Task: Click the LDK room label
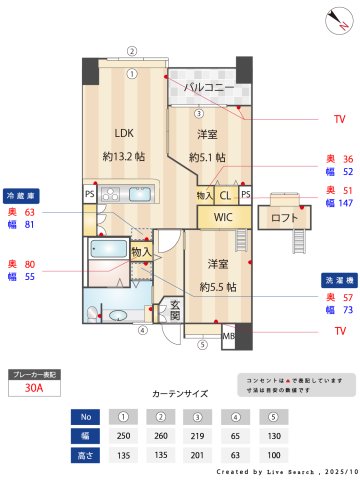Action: [x=123, y=132]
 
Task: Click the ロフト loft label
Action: [x=284, y=217]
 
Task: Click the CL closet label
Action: [x=225, y=194]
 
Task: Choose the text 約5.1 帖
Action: [x=206, y=157]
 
